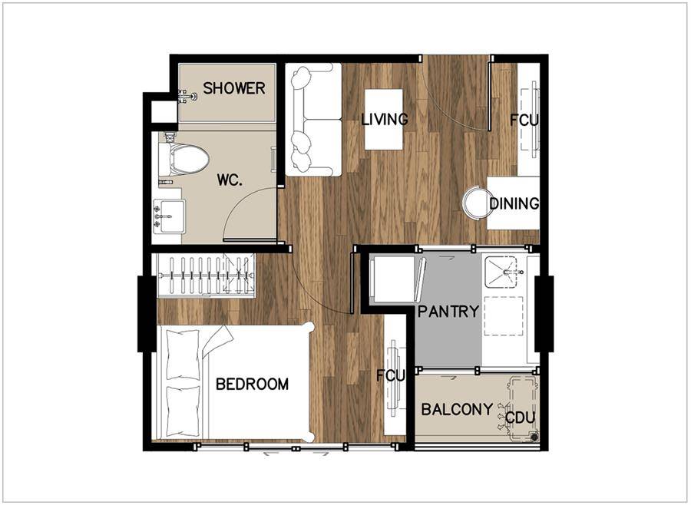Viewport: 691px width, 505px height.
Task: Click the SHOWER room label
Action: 234,88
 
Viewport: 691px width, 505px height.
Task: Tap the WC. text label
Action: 230,180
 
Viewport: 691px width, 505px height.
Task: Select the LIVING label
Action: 385,119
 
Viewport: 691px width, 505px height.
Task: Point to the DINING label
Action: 514,203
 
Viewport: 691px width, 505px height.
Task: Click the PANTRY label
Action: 448,312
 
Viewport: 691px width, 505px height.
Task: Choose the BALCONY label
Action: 457,409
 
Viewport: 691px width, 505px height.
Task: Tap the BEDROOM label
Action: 252,385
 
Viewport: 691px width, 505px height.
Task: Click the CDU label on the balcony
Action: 520,418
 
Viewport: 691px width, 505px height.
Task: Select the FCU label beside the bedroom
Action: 391,376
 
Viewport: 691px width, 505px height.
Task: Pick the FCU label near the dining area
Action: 524,120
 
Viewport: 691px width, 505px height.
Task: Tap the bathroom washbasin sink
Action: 169,216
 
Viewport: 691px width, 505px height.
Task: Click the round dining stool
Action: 477,203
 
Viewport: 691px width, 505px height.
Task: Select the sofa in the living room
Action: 313,120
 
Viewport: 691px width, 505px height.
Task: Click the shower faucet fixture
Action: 187,96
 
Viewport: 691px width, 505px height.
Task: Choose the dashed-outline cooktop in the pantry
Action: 503,316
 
